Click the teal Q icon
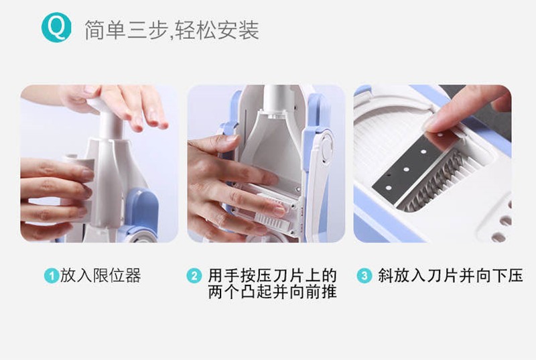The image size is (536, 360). coord(56,28)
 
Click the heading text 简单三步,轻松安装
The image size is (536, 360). coord(172,30)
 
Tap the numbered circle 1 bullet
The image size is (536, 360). coord(51,276)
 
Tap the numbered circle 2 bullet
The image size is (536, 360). coord(194,276)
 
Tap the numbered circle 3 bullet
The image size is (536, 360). coord(364,276)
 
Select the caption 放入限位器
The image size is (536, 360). coord(100,276)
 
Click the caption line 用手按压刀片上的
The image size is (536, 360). coord(272,276)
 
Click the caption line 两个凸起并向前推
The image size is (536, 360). coord(272,292)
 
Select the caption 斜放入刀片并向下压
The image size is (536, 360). coord(450,276)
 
